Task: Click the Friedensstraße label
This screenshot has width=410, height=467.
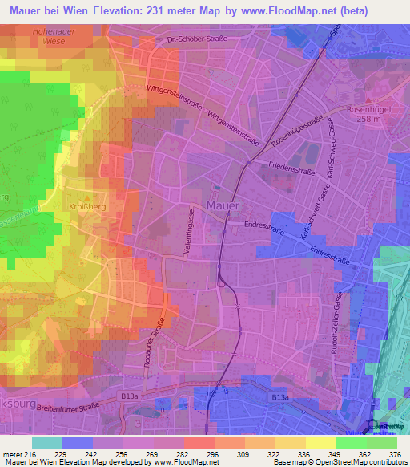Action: click(x=287, y=171)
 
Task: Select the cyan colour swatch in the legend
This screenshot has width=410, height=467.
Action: click(x=47, y=442)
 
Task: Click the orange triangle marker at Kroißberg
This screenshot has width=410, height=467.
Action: click(x=90, y=196)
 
